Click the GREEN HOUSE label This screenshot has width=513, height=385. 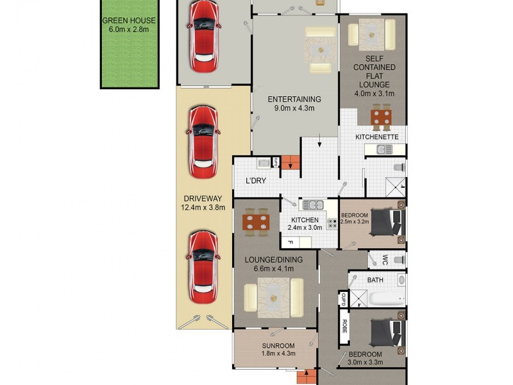point(128,20)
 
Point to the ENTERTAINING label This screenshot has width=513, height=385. point(294,99)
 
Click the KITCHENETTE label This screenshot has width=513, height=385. point(378,137)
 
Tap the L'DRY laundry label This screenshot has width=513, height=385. point(256,180)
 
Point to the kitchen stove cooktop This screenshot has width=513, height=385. point(333,224)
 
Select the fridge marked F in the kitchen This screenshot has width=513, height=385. point(290,243)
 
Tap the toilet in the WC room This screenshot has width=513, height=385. point(398,260)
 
